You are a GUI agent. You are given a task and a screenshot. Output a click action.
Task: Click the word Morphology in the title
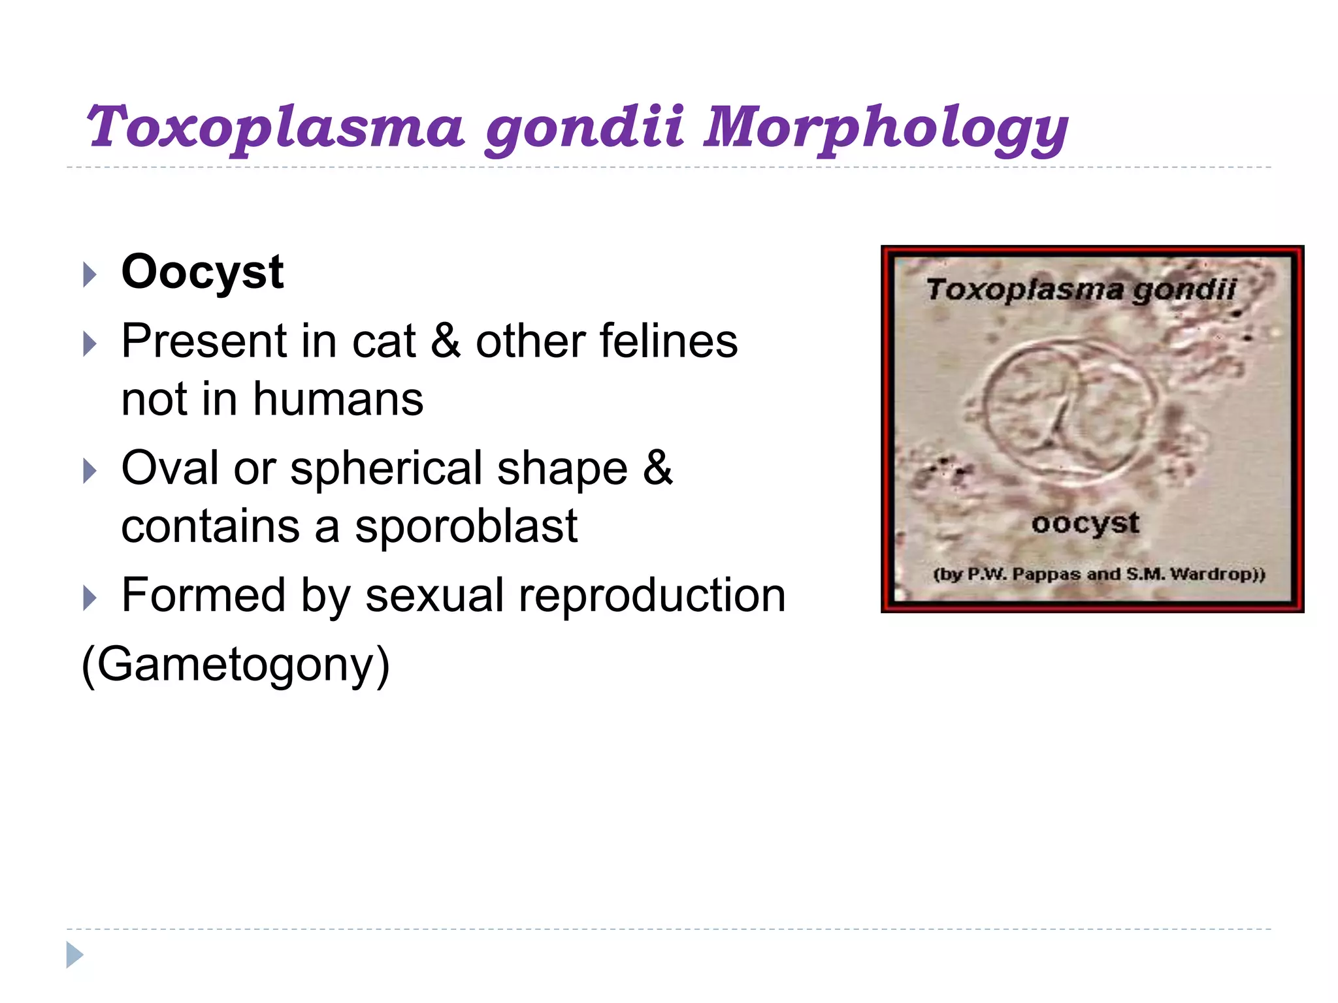point(885,127)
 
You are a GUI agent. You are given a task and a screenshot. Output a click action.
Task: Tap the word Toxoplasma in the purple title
point(274,127)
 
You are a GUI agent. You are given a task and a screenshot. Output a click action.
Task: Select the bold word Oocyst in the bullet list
point(203,272)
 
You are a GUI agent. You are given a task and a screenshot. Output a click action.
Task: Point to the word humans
point(338,399)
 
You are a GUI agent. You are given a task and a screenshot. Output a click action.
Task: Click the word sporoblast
point(466,526)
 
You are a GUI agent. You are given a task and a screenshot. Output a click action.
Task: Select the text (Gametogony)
point(235,664)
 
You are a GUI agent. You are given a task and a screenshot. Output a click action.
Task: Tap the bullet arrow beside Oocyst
point(90,274)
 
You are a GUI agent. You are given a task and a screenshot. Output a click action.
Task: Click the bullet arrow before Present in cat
point(90,343)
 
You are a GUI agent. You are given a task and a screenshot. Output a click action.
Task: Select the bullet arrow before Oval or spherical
point(90,471)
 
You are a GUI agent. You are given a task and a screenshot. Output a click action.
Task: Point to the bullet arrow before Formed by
point(90,597)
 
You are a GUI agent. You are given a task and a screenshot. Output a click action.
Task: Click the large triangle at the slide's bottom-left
point(74,955)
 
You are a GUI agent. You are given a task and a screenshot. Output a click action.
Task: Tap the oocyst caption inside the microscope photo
point(1085,523)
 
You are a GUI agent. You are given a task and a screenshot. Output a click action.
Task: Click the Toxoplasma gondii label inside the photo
point(1081,289)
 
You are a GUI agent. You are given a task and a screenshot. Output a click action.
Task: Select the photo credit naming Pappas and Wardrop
point(1099,575)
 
